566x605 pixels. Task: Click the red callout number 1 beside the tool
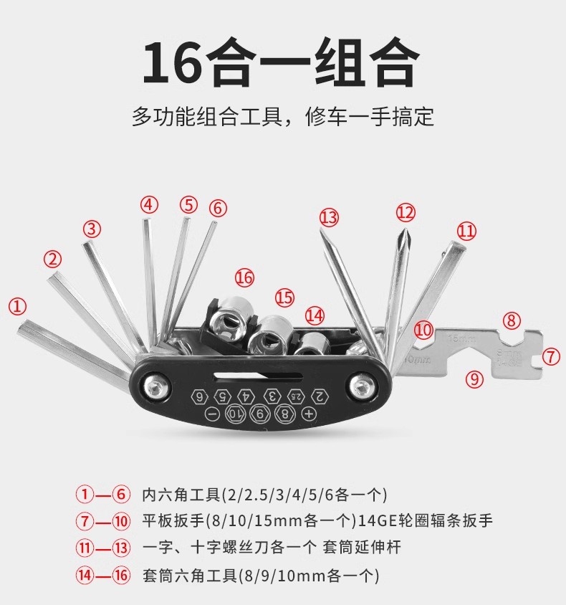pyautogui.click(x=17, y=306)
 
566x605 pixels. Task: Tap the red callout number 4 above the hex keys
pyautogui.click(x=148, y=205)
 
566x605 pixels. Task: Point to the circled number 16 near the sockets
pyautogui.click(x=244, y=277)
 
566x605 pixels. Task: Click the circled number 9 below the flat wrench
pyautogui.click(x=474, y=378)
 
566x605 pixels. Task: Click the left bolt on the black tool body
pyautogui.click(x=154, y=388)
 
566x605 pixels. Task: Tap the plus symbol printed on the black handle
pyautogui.click(x=310, y=414)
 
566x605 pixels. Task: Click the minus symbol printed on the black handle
pyautogui.click(x=211, y=414)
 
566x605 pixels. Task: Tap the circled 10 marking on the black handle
pyautogui.click(x=236, y=414)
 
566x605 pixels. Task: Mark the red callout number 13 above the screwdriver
pyautogui.click(x=329, y=217)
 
